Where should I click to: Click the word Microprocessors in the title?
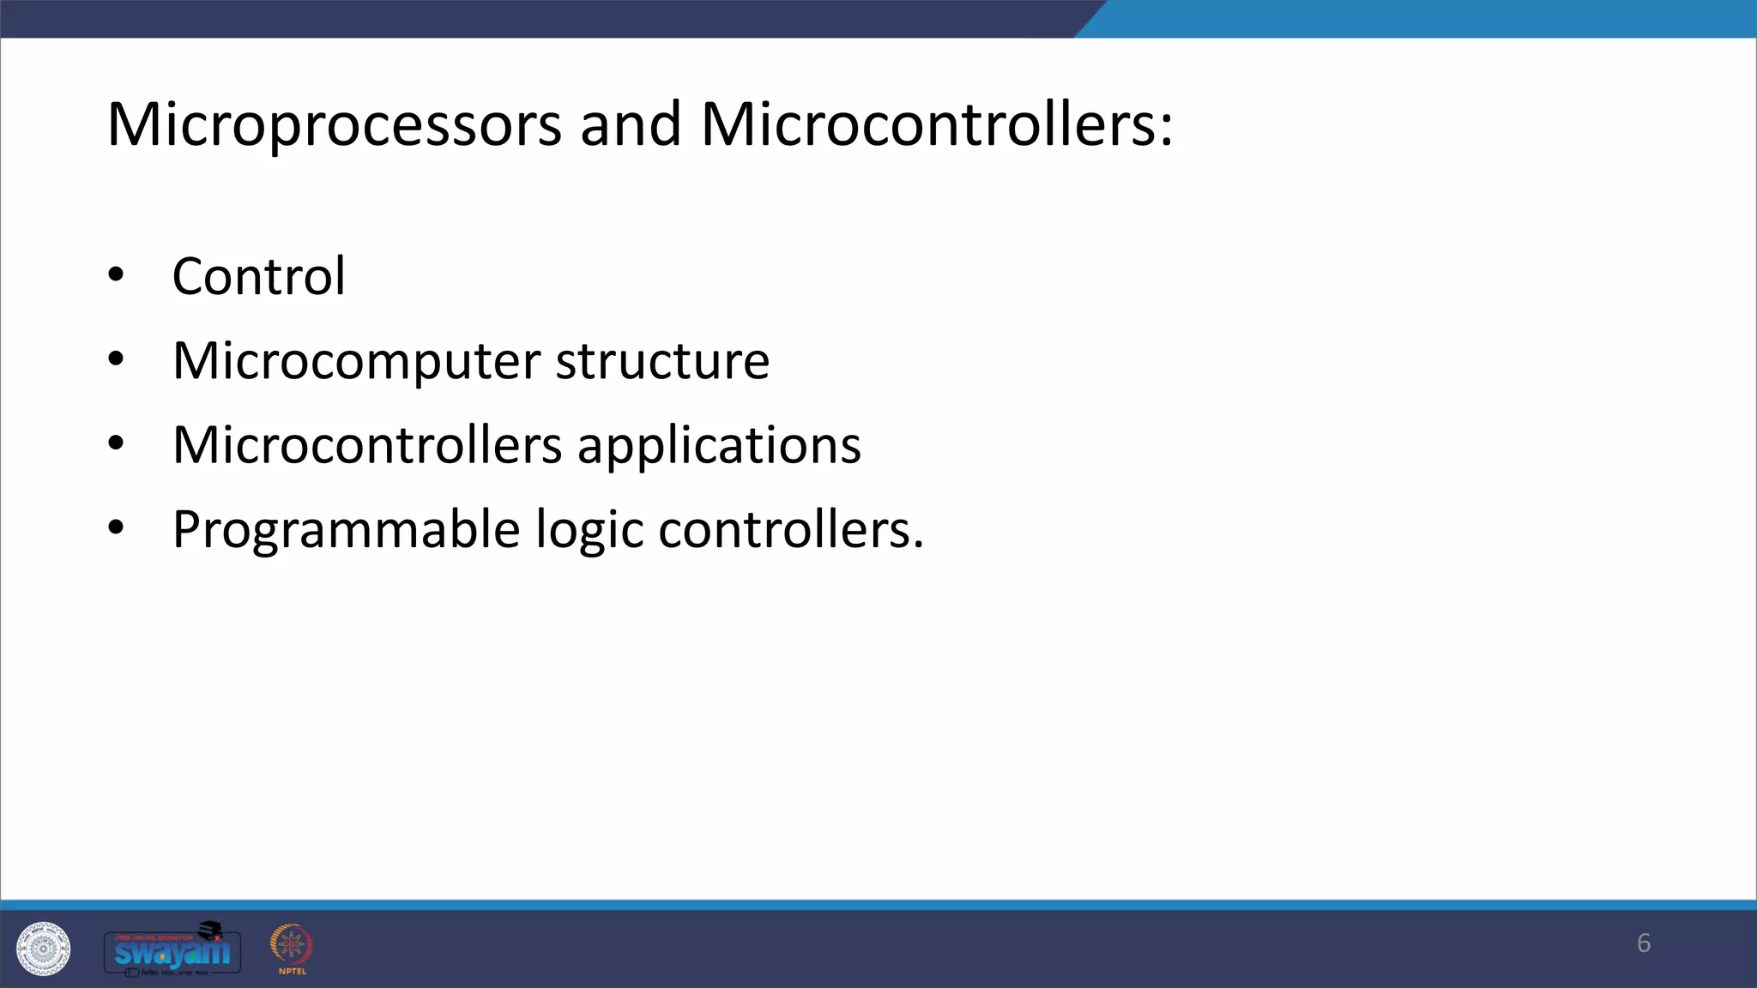(x=334, y=125)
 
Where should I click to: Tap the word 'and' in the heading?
(x=631, y=125)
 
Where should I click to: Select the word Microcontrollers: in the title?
(x=936, y=125)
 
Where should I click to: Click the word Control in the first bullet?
(x=258, y=276)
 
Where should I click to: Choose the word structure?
(x=662, y=361)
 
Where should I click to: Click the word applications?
(x=719, y=445)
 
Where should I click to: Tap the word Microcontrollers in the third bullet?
(x=367, y=445)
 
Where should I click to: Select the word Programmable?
(x=346, y=529)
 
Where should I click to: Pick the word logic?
(x=589, y=529)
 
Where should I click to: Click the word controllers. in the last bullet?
(x=791, y=529)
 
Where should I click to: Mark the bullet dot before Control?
(x=116, y=276)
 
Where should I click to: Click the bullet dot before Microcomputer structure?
(x=116, y=360)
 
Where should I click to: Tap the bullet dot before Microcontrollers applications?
(x=116, y=444)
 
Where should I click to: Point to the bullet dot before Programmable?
(x=116, y=528)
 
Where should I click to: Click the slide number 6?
(x=1643, y=943)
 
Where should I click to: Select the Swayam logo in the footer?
(x=172, y=950)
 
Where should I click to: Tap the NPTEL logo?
(x=292, y=949)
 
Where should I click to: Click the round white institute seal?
(x=43, y=949)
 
